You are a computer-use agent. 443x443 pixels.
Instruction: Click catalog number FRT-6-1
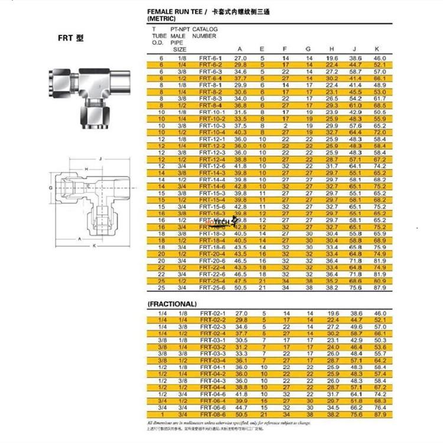click(210, 58)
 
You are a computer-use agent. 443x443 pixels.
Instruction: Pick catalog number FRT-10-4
click(212, 132)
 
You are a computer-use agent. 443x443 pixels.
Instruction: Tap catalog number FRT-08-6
click(212, 414)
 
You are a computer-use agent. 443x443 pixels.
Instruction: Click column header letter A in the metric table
click(239, 49)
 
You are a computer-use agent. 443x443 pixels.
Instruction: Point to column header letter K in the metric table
click(377, 49)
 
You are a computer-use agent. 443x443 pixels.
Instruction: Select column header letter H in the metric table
click(331, 49)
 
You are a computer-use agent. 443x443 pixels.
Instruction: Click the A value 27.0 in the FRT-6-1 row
click(241, 58)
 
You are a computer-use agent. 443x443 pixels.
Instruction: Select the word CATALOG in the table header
click(205, 29)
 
